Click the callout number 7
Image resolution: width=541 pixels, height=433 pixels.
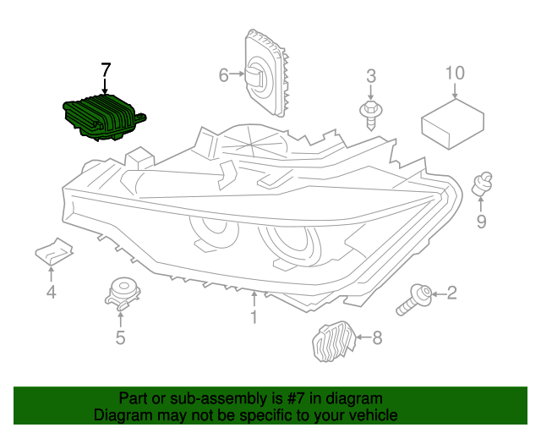[x=106, y=69]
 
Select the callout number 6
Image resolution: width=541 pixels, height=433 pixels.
[x=224, y=76]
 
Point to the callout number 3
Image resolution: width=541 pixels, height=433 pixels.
[x=370, y=78]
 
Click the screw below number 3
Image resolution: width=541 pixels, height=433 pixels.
[x=370, y=112]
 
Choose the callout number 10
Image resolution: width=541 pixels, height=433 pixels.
[x=455, y=73]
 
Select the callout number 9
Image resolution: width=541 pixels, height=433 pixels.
[x=481, y=222]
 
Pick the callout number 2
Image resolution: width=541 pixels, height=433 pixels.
[x=451, y=293]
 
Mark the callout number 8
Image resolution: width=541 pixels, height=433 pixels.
[x=376, y=338]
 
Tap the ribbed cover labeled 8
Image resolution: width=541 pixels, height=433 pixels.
[x=333, y=343]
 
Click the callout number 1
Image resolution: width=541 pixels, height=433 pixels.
[x=253, y=317]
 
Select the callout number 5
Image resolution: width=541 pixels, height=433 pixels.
[x=120, y=338]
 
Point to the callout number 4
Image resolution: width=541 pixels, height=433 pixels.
[x=51, y=293]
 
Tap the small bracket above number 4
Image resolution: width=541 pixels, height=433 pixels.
[x=52, y=251]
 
